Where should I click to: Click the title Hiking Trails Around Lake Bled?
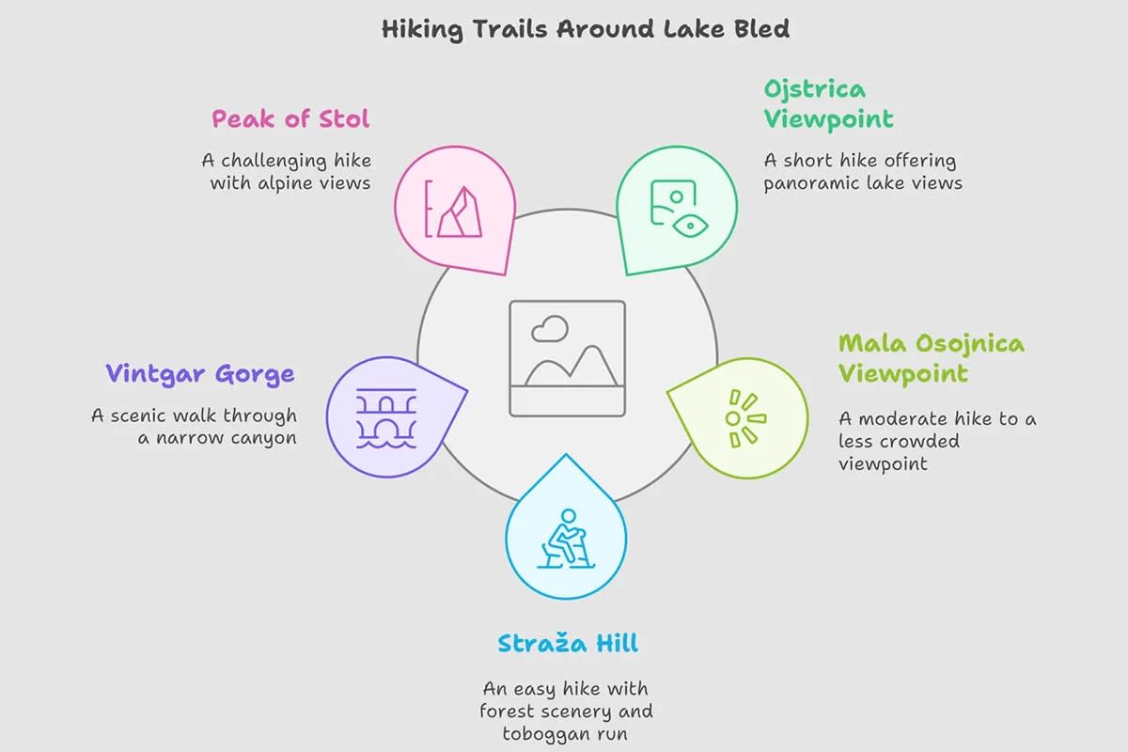tap(585, 28)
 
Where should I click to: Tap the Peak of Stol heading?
tap(290, 119)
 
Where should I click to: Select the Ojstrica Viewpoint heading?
tap(827, 104)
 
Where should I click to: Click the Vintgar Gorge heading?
tap(200, 373)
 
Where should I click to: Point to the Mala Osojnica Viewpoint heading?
tap(931, 357)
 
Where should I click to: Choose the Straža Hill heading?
tap(568, 644)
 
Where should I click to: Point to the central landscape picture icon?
tap(568, 357)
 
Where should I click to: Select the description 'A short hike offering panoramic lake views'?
tap(862, 171)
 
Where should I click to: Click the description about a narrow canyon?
tap(195, 426)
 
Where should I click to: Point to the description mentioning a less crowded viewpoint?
tap(936, 441)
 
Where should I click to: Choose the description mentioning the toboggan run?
tap(566, 712)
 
